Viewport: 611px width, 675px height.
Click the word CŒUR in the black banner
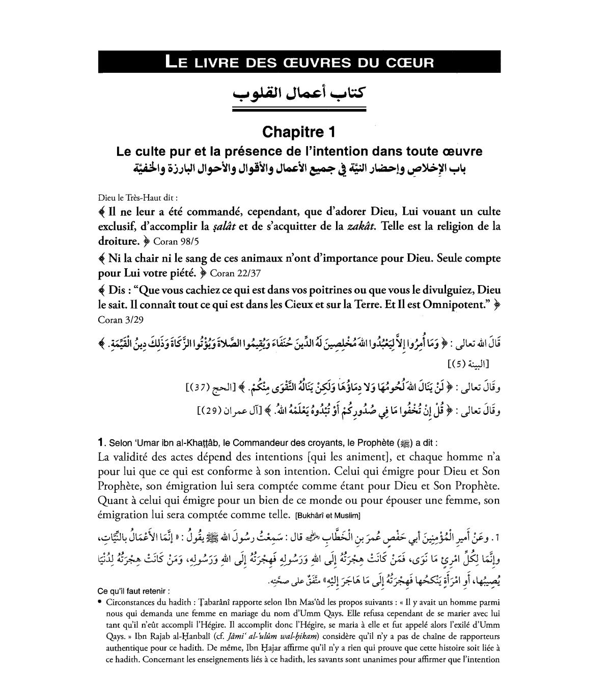(x=410, y=63)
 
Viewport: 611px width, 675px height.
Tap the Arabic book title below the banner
(x=299, y=93)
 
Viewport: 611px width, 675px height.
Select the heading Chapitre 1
(x=299, y=132)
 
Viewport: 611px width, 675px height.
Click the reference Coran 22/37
(x=235, y=273)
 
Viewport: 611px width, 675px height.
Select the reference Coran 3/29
(x=118, y=320)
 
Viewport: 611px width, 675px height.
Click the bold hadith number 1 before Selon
(x=101, y=443)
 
